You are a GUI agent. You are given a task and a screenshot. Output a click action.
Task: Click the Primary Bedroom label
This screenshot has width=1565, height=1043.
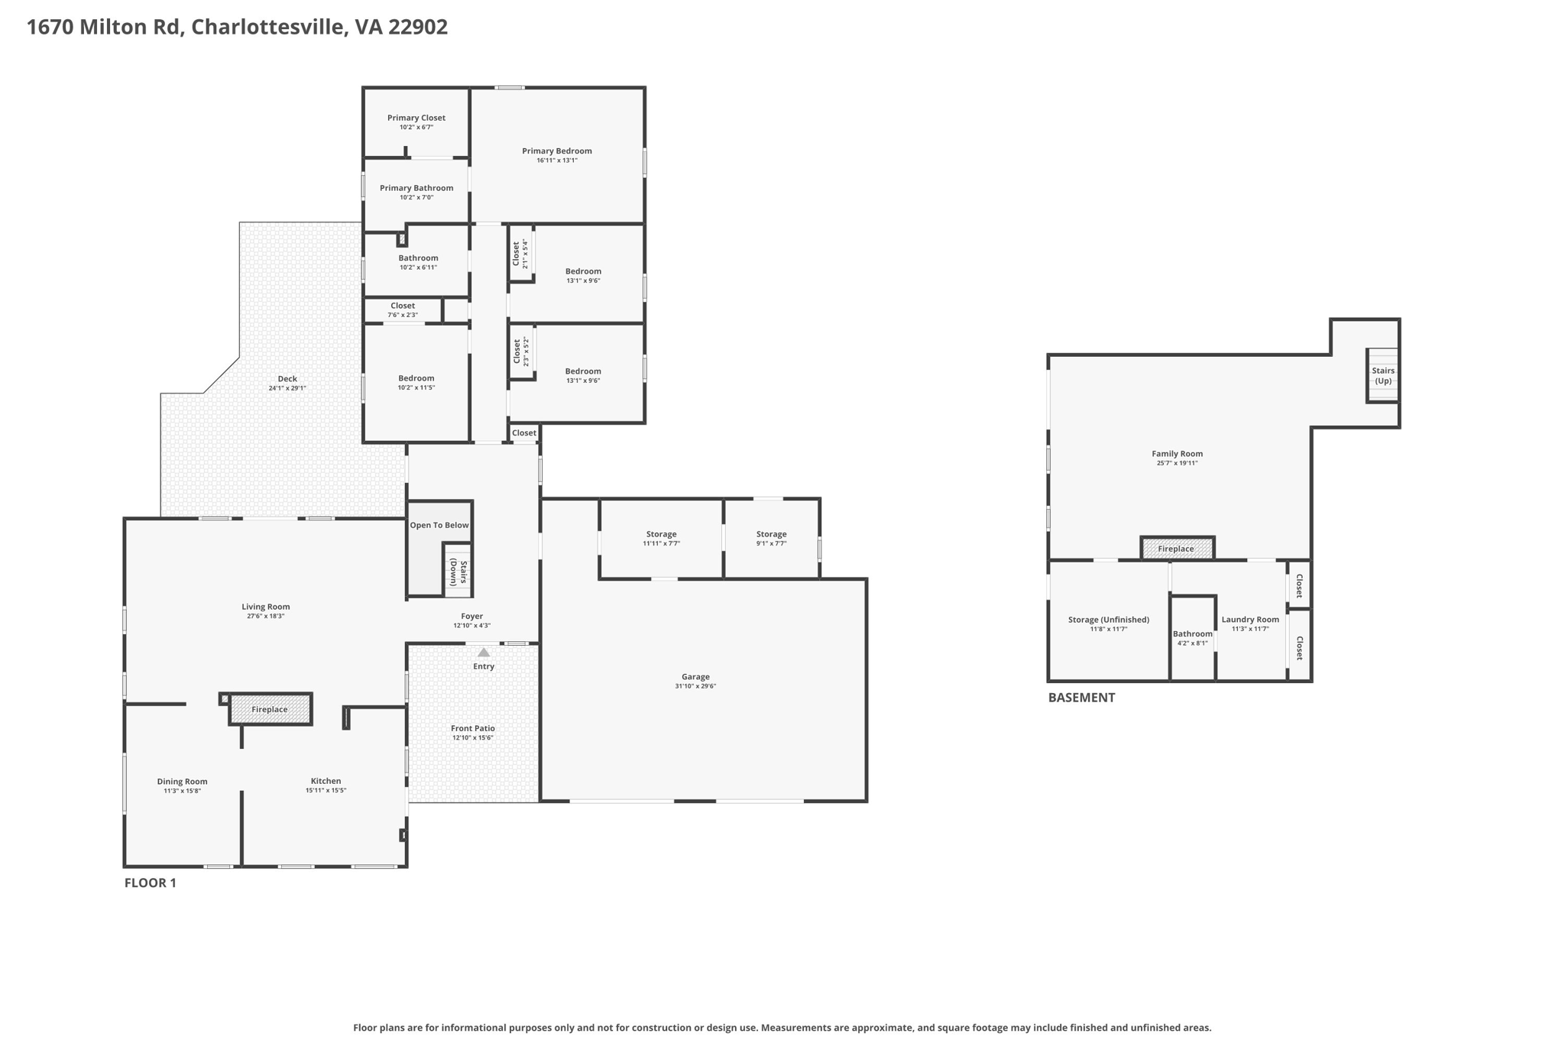coord(556,151)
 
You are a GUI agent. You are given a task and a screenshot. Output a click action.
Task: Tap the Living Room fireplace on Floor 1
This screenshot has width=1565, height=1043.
coord(270,709)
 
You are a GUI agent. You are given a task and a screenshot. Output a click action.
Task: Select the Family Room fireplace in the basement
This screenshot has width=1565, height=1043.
coord(1176,549)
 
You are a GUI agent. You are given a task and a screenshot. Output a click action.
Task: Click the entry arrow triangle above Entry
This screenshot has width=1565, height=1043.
coord(484,653)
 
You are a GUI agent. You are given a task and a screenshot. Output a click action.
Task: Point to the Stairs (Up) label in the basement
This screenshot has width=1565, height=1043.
coord(1382,375)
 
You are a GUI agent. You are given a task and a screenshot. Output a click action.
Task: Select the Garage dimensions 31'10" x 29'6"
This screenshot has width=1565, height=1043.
coord(695,686)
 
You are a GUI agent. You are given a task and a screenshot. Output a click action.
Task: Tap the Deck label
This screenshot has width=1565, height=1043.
coord(287,379)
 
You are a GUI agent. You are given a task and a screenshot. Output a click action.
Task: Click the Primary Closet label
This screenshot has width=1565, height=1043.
coord(416,118)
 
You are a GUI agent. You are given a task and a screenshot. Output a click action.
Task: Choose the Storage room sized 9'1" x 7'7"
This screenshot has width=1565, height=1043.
coord(771,538)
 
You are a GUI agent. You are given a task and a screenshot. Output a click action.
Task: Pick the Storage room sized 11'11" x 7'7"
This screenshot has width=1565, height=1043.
coord(661,538)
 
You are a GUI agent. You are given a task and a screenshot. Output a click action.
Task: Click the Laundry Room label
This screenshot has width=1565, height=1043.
coord(1249,620)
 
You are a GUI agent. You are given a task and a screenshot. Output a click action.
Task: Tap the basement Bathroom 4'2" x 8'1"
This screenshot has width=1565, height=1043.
coord(1192,637)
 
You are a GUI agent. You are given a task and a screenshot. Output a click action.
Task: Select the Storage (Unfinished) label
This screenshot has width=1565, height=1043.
coord(1108,620)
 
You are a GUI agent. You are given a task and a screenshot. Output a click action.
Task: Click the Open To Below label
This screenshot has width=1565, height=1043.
coord(439,525)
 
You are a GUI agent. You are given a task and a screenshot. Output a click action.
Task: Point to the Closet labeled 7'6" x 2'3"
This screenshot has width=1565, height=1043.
coord(403,309)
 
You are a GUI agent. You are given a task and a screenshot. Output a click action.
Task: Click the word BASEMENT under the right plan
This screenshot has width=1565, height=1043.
coord(1081,698)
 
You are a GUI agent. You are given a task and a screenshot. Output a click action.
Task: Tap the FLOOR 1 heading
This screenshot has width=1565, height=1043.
coord(150,883)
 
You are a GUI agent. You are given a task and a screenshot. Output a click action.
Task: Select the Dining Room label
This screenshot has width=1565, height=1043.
coord(182,782)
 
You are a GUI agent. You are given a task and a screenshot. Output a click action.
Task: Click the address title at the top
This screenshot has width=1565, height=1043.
coord(237,27)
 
